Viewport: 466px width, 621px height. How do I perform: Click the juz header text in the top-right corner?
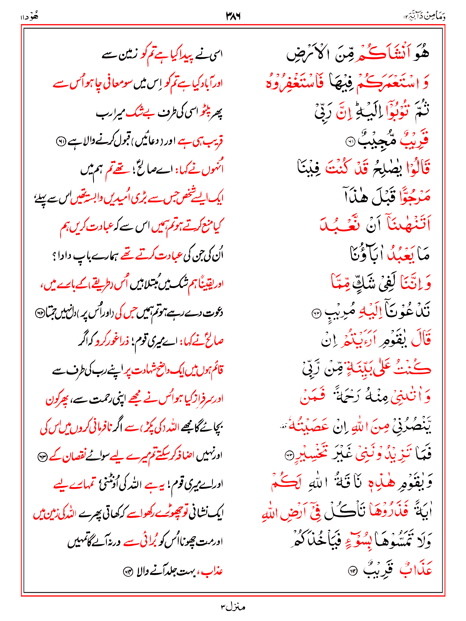coord(425,17)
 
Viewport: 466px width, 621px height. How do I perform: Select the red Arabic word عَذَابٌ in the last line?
coord(416,570)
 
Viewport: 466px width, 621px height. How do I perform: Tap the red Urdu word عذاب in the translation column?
coord(212,572)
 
